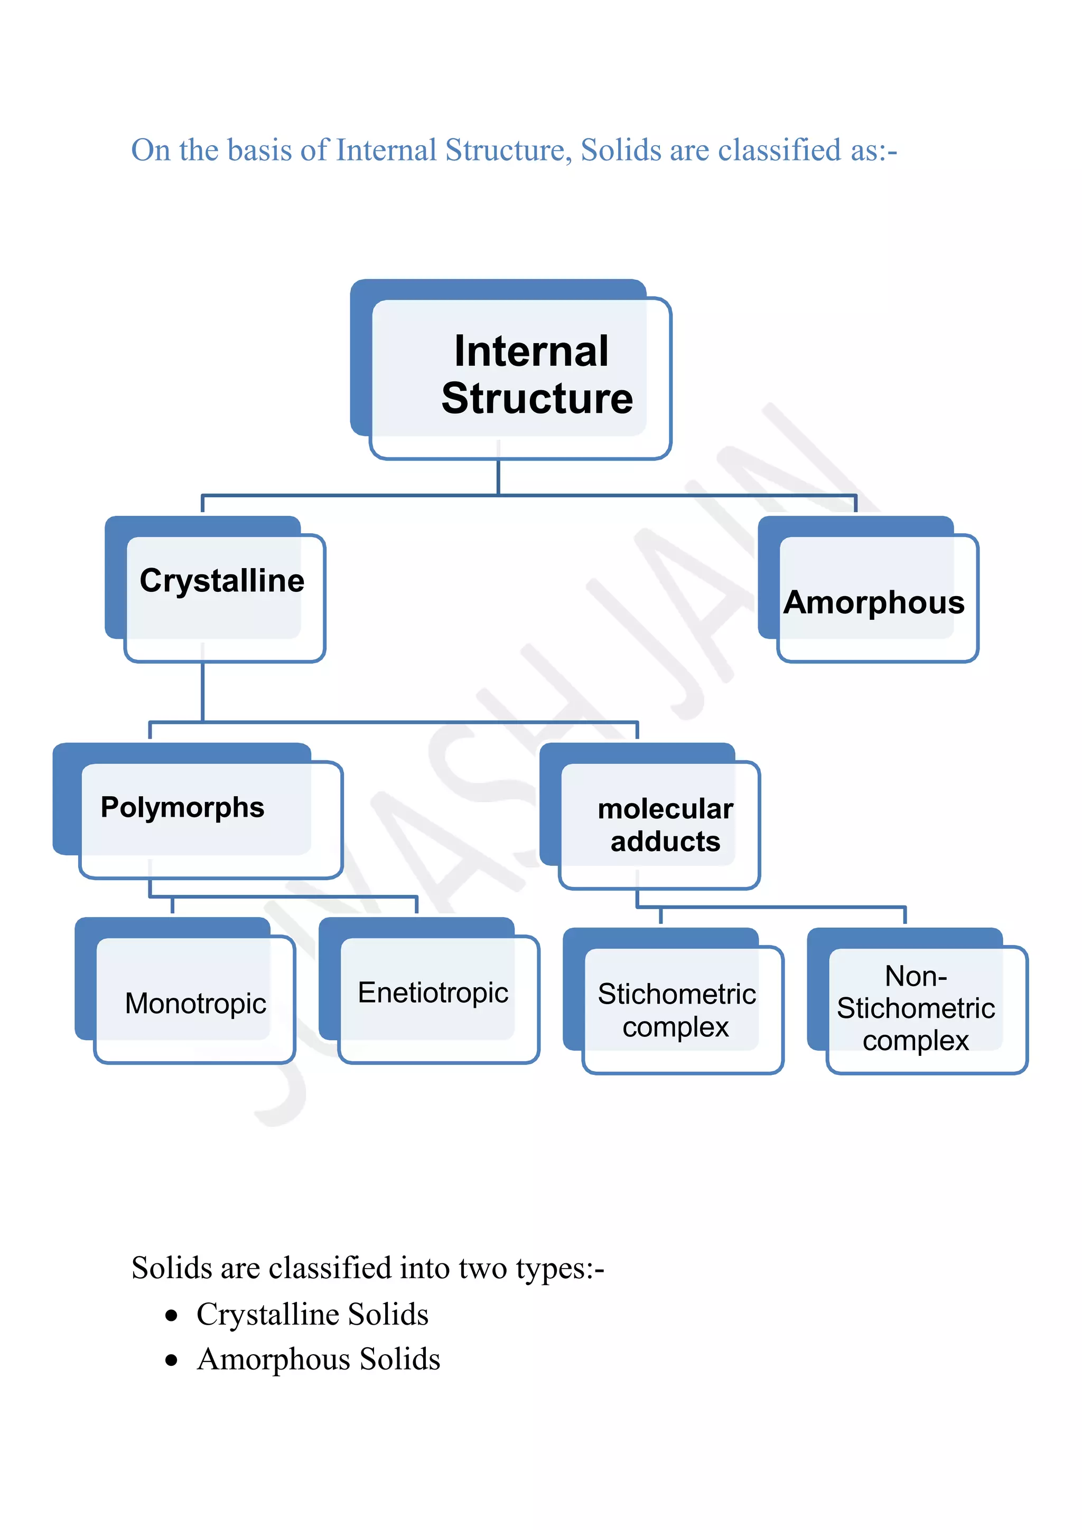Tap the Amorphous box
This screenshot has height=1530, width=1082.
873,597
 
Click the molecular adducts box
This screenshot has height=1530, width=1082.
660,825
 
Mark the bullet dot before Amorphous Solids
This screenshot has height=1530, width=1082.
172,1361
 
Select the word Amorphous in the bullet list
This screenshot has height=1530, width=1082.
273,1359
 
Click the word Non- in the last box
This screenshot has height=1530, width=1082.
916,976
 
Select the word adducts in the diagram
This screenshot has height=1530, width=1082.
665,842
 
